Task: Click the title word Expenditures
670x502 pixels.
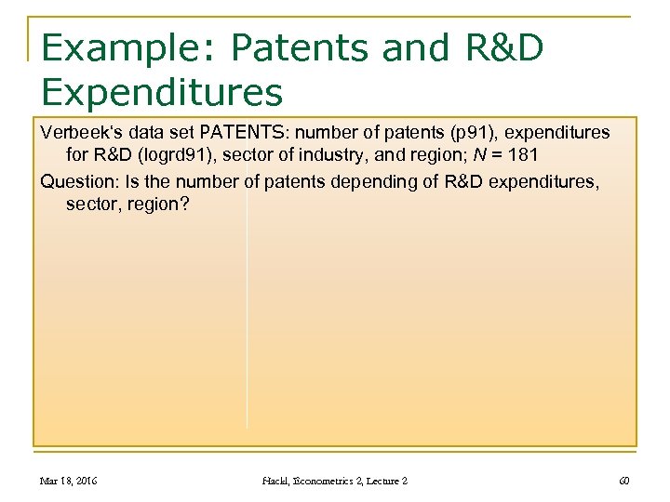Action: [162, 92]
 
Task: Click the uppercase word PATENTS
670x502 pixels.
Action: [234, 133]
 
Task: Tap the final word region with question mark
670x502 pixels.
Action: [158, 203]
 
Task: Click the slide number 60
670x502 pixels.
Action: [623, 481]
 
